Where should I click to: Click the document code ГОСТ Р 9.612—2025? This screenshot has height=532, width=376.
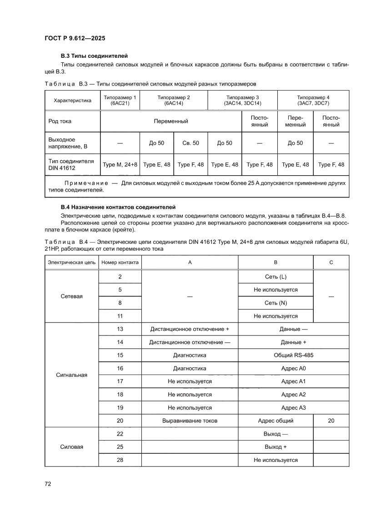[75, 38]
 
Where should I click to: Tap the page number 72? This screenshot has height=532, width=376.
[47, 483]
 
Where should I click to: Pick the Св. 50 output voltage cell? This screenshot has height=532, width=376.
[191, 143]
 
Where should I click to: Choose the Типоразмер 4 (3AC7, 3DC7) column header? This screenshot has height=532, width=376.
[313, 100]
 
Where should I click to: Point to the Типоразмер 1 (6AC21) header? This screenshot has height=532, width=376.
[120, 100]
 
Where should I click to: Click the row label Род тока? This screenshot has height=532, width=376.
[60, 122]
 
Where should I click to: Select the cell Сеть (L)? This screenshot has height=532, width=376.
[276, 277]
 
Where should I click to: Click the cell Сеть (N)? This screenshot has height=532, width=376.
[276, 303]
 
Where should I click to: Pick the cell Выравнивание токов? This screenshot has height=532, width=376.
[190, 421]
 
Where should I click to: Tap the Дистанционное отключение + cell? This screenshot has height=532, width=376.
[190, 329]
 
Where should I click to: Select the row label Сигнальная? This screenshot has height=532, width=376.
[71, 375]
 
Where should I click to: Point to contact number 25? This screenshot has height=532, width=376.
[120, 447]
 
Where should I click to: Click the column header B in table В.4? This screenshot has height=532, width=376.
[276, 262]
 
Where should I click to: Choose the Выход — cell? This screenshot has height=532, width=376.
[276, 434]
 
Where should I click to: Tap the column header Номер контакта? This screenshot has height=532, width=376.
[120, 262]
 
